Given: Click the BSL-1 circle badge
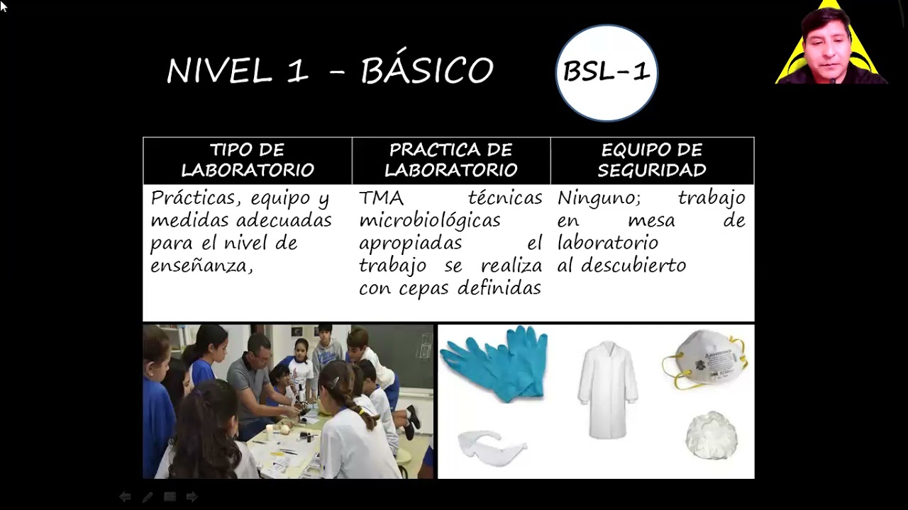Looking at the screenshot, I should click(x=607, y=72).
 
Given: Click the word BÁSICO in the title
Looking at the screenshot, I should click(x=426, y=71).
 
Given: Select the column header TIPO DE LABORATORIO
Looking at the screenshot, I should click(x=247, y=160).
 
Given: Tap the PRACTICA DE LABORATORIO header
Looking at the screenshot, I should click(x=450, y=160).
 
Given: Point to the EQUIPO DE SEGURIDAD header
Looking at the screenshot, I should click(x=651, y=160).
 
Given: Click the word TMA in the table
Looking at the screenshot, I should click(x=381, y=198).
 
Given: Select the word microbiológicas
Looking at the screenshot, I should click(x=429, y=220).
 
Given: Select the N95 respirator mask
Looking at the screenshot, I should click(x=704, y=360).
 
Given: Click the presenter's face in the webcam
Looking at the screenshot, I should click(x=828, y=47).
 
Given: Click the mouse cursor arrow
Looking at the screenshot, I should click(x=4, y=6).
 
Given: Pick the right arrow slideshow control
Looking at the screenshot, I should click(x=192, y=497).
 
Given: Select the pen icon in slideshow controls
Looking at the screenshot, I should click(x=147, y=497).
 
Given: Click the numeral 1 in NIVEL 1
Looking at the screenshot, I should click(x=297, y=72).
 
